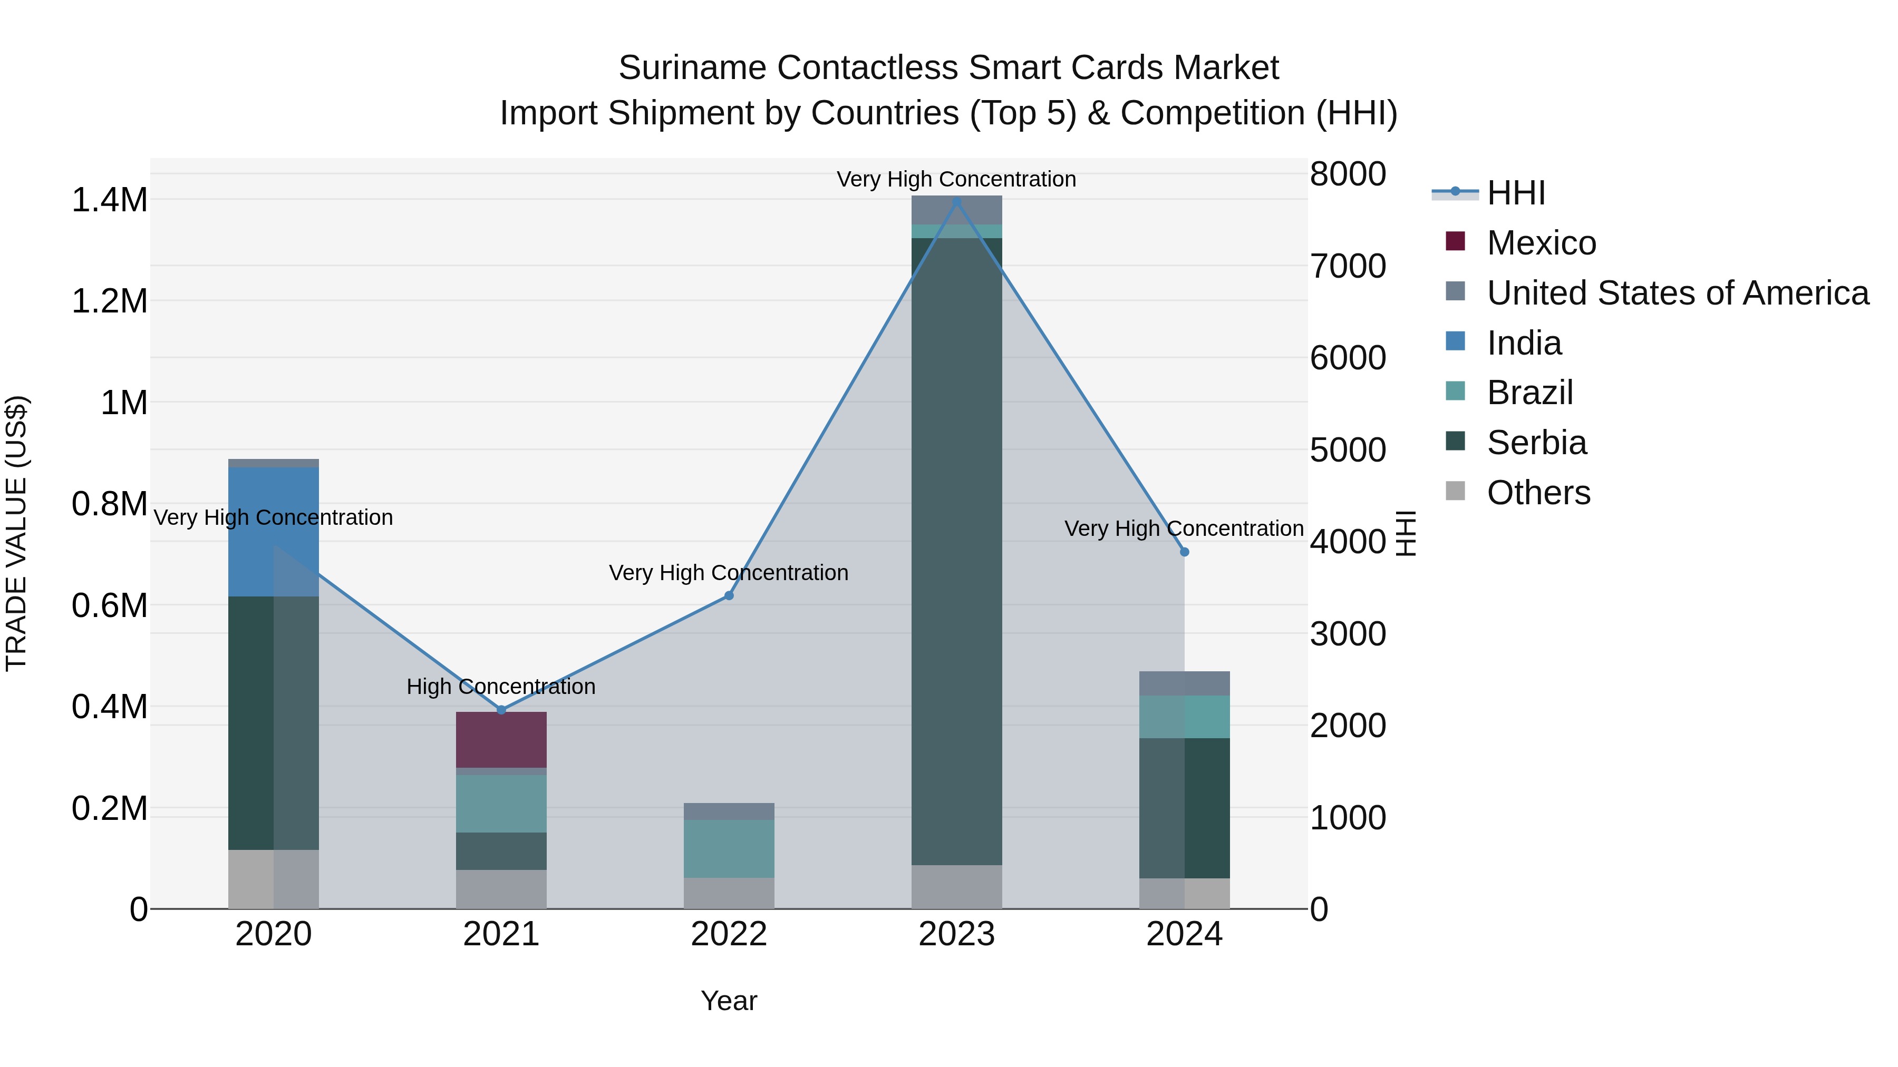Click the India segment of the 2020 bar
(273, 531)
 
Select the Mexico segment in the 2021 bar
(501, 739)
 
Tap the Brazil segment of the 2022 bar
(729, 848)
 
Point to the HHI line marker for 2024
(1184, 552)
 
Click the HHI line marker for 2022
(729, 595)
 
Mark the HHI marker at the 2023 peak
(956, 201)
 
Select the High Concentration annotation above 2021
(501, 686)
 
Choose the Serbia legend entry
(1536, 443)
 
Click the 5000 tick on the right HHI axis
(1348, 450)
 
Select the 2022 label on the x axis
(729, 934)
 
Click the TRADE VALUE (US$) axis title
(16, 533)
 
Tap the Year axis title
(729, 1001)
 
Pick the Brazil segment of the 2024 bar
(1184, 717)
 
